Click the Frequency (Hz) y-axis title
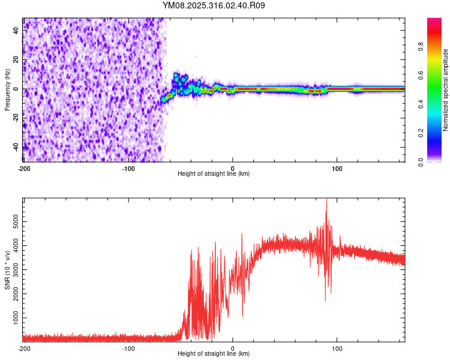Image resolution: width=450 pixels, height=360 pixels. [x=7, y=90]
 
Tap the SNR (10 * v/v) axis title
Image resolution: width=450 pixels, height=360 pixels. [x=7, y=270]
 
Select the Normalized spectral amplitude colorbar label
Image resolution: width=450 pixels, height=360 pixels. [x=446, y=90]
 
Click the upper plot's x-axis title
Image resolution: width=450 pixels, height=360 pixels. [x=214, y=173]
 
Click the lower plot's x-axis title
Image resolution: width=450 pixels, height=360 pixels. [x=214, y=353]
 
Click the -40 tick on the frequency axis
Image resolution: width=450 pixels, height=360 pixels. [x=16, y=147]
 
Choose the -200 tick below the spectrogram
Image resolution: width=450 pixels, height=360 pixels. [x=24, y=167]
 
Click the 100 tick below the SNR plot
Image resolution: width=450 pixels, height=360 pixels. [x=337, y=347]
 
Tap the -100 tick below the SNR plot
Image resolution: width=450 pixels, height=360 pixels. [x=128, y=347]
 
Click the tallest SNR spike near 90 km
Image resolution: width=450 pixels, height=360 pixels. [x=326, y=200]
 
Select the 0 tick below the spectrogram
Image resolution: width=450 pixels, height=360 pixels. [x=233, y=167]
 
